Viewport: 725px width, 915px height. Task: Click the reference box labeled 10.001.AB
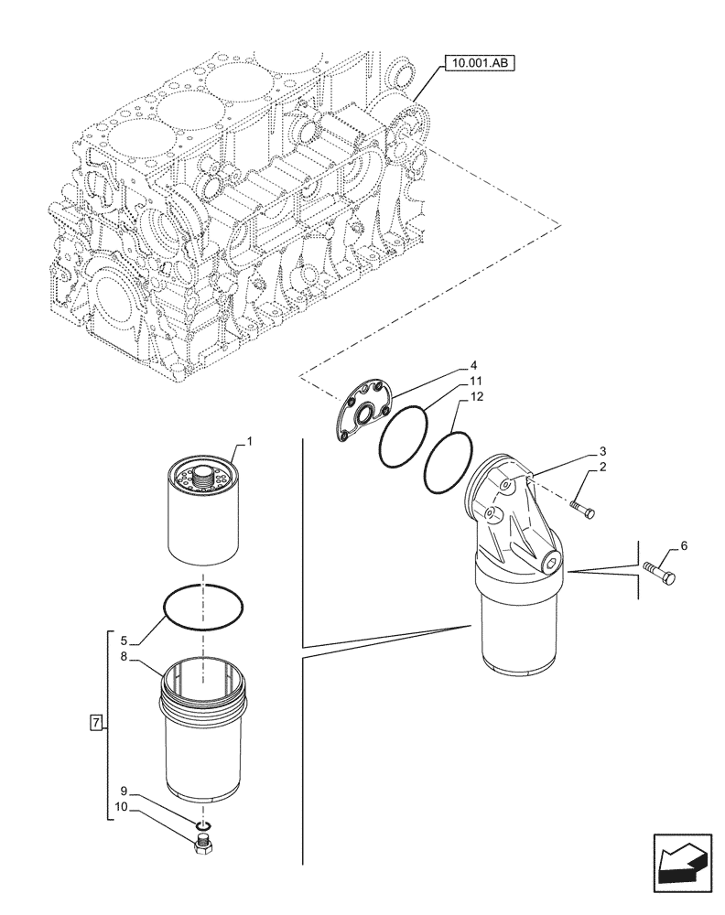(x=480, y=63)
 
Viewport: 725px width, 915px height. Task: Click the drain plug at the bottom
(x=204, y=843)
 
